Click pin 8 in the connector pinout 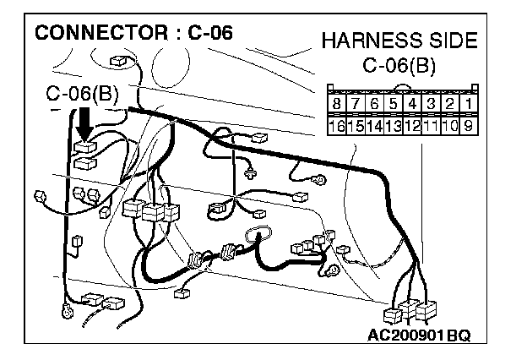[336, 103]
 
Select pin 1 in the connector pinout [469, 103]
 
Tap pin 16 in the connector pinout [336, 126]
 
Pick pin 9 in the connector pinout [469, 126]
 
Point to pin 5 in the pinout [394, 103]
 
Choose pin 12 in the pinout [412, 126]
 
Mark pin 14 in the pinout [374, 126]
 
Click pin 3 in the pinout [431, 103]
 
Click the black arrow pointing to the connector [84, 124]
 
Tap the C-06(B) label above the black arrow [83, 93]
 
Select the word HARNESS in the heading [372, 41]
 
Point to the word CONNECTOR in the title [101, 33]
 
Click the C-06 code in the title [210, 33]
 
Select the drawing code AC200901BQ [419, 335]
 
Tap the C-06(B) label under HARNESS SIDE [399, 65]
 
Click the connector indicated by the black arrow [85, 147]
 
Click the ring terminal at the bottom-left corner [68, 310]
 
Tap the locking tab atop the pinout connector [403, 88]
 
